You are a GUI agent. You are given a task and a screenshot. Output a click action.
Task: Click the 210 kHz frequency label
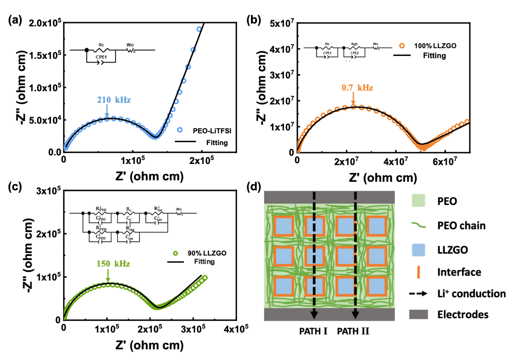coord(114,100)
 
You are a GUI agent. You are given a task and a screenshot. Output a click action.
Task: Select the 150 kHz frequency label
coord(113,264)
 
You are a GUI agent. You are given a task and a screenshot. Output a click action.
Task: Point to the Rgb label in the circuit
coord(354,43)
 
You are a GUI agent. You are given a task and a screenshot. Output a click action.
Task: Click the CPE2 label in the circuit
coord(354,53)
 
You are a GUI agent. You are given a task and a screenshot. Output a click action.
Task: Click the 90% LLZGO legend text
coord(207,253)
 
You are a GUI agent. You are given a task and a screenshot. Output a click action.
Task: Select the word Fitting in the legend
coord(204,262)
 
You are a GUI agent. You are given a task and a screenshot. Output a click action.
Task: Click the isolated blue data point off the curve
coord(180,130)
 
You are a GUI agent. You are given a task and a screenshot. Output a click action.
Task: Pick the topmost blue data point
coord(199,29)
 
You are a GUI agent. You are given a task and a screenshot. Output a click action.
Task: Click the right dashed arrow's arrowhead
coord(356,315)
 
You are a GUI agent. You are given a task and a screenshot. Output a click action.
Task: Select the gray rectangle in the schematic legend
coord(418,315)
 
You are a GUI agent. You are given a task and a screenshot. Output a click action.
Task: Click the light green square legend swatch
coord(418,200)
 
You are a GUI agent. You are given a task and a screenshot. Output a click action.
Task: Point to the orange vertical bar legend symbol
coord(418,272)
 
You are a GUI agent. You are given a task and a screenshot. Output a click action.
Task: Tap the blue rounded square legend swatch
coord(418,250)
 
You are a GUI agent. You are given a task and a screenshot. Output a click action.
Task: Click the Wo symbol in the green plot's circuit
coord(180,211)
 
